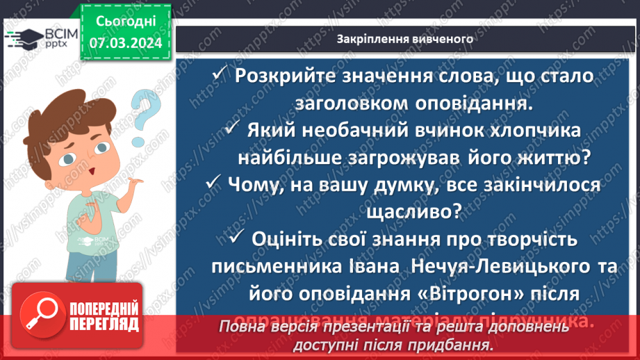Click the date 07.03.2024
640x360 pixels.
click(126, 43)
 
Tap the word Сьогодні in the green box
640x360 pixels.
click(126, 22)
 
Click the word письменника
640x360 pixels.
click(271, 267)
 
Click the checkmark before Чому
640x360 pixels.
click(214, 184)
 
